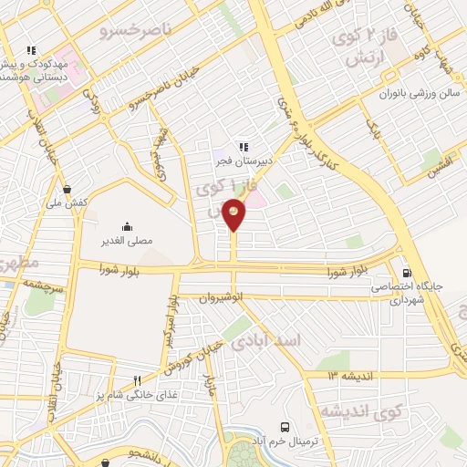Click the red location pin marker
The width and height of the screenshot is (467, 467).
(x=234, y=214)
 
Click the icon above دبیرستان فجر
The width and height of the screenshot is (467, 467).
(x=244, y=145)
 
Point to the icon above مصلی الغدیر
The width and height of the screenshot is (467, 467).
(x=126, y=227)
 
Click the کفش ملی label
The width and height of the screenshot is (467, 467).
(x=70, y=202)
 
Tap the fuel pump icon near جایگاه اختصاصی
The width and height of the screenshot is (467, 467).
(x=406, y=272)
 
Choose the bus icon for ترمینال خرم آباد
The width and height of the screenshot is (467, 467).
(x=286, y=427)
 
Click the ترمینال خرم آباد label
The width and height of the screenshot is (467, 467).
(x=285, y=441)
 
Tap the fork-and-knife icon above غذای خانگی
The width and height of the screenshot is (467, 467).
(x=137, y=380)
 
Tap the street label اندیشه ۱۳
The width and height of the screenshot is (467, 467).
(x=348, y=375)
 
